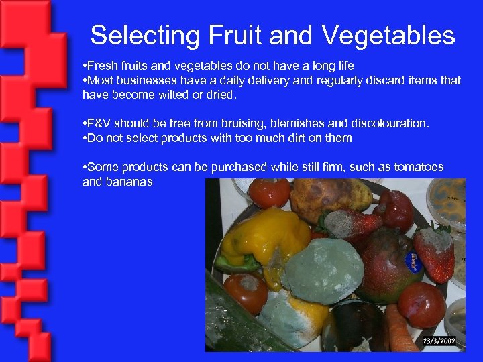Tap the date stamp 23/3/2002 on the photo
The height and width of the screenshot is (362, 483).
(x=439, y=341)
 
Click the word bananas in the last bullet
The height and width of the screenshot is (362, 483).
(x=129, y=181)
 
